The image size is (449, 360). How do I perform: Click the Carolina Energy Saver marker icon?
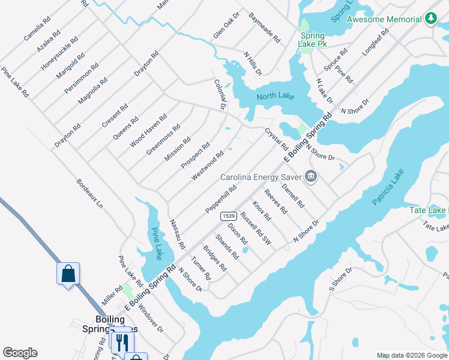(310, 176)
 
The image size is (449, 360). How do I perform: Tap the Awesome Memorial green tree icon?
(430, 19)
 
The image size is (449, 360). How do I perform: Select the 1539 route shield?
(228, 215)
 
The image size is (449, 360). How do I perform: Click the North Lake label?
(274, 97)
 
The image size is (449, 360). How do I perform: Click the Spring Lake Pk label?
(312, 40)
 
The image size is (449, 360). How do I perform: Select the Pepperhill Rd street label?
(221, 199)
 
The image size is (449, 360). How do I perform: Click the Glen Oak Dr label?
(226, 25)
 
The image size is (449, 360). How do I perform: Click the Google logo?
(20, 353)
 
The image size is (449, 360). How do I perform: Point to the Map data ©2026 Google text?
(411, 355)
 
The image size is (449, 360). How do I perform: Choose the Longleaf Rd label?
(376, 42)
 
